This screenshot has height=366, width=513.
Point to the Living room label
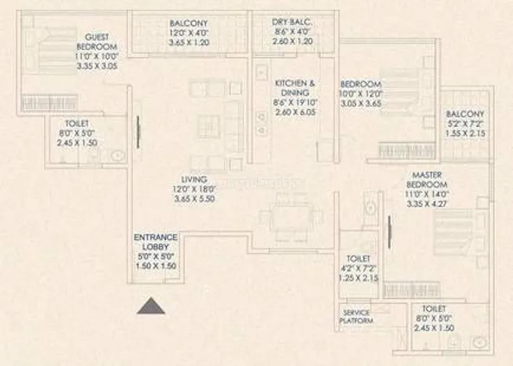pyautogui.click(x=193, y=178)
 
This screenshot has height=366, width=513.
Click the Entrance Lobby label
pyautogui.click(x=155, y=241)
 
